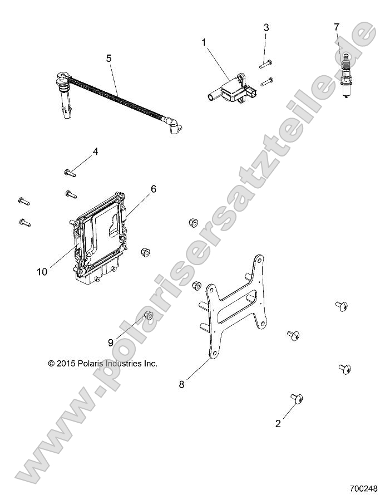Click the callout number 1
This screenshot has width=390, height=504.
click(x=204, y=42)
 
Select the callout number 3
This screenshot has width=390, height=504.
click(x=266, y=28)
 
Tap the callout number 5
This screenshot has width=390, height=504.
click(x=109, y=58)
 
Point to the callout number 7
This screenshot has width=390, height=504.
click(x=337, y=27)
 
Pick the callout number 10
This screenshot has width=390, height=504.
click(x=42, y=272)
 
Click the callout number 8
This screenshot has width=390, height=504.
click(x=182, y=384)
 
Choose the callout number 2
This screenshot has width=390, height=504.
click(x=278, y=423)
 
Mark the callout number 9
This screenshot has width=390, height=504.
click(x=110, y=343)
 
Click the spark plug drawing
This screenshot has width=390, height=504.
click(x=345, y=76)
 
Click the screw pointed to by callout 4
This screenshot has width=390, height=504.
click(x=70, y=173)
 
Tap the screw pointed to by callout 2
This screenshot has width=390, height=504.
click(x=297, y=399)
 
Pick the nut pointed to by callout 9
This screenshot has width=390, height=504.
click(x=149, y=316)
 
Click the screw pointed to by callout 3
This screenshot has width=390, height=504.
click(x=266, y=63)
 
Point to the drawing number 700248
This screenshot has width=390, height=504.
click(x=363, y=488)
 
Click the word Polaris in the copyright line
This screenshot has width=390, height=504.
click(x=91, y=364)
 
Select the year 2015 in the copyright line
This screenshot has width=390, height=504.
click(x=66, y=364)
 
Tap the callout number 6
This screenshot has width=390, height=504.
click(x=154, y=189)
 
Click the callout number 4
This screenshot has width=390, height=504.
click(x=95, y=151)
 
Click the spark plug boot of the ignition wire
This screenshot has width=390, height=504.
click(x=65, y=96)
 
